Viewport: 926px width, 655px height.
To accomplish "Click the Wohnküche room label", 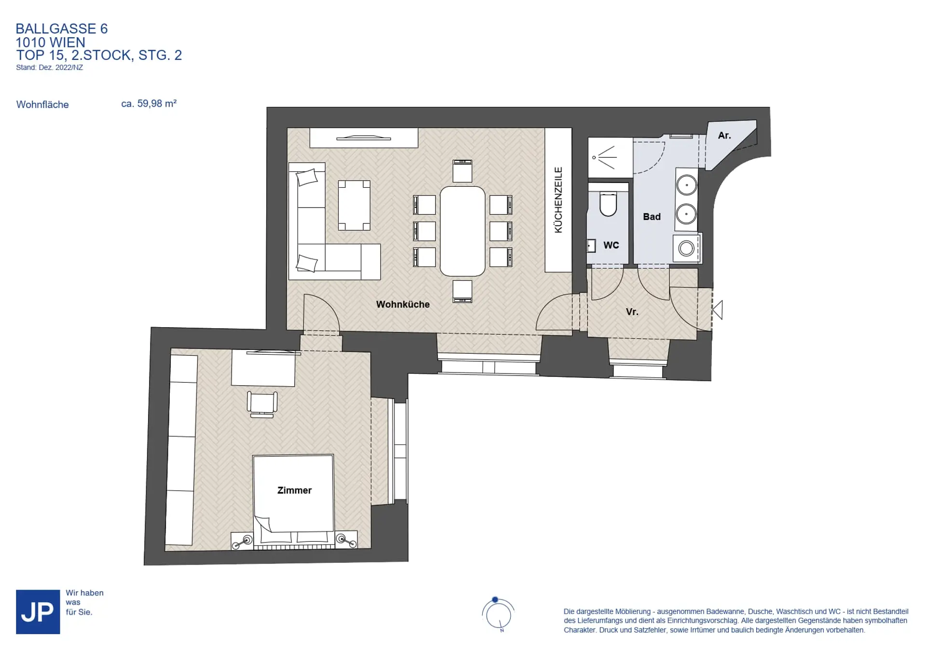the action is click(x=403, y=305).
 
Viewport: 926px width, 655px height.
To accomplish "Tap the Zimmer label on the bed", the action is click(x=294, y=490).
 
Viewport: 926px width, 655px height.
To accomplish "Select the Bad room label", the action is click(x=652, y=217).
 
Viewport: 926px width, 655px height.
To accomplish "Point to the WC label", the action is click(x=611, y=245).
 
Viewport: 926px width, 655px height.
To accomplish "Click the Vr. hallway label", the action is click(x=632, y=312).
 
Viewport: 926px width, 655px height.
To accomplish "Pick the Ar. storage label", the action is click(x=724, y=136).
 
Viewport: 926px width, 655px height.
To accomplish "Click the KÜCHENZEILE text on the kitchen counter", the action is click(x=558, y=200).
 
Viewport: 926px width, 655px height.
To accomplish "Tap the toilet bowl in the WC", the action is click(x=608, y=205).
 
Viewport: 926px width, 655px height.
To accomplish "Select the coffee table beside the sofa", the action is click(x=354, y=205).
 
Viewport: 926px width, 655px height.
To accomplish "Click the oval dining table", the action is click(x=463, y=231).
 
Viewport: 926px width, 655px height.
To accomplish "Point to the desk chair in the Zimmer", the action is click(x=262, y=404).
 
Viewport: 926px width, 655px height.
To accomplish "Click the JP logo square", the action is click(x=38, y=612).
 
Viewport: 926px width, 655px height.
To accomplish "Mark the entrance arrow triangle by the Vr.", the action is click(x=718, y=310).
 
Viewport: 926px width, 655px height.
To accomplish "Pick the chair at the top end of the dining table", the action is click(x=462, y=171).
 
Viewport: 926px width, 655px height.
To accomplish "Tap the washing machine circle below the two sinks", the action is click(x=686, y=249).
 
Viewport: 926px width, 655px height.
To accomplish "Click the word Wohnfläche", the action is click(x=42, y=105).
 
